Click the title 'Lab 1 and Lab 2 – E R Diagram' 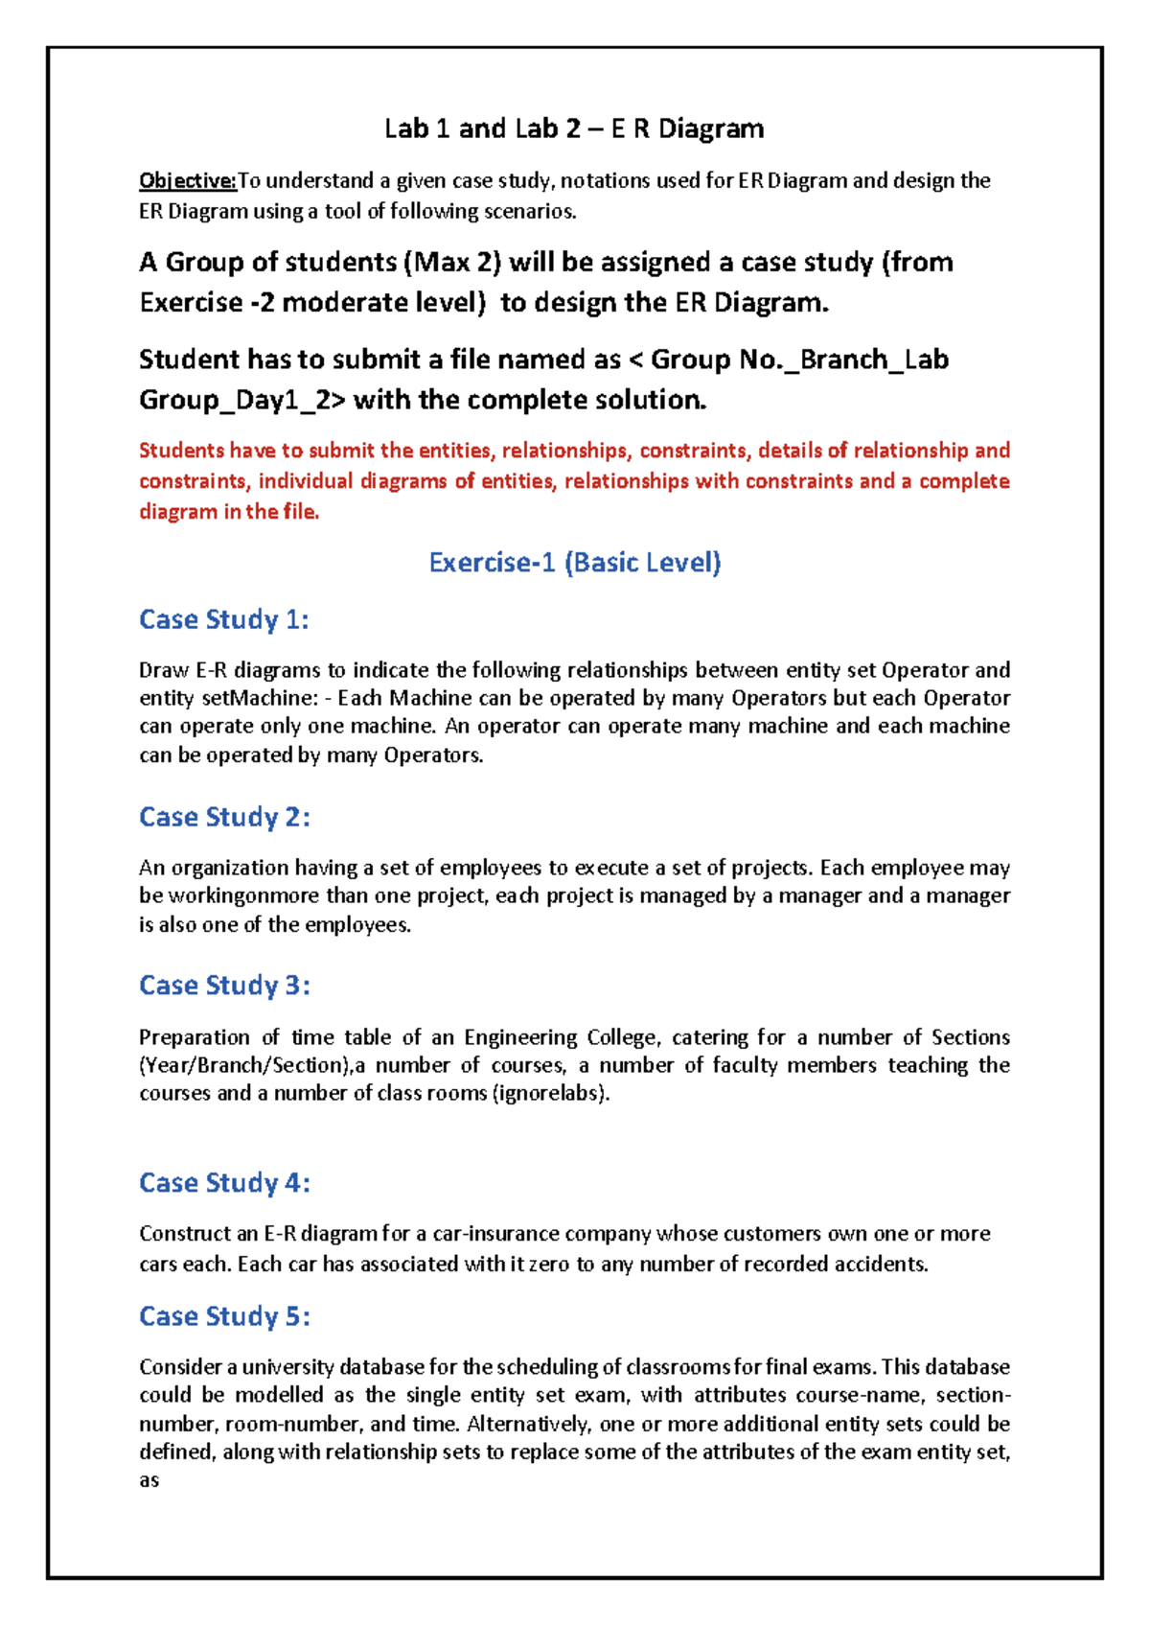[574, 128]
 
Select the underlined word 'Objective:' [188, 180]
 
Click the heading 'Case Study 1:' [224, 619]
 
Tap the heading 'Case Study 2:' [224, 817]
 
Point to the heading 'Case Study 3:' [224, 986]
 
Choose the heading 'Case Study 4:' [224, 1183]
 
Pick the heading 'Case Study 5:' [224, 1316]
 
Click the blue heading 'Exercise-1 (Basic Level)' [574, 562]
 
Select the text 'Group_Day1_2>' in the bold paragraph [242, 400]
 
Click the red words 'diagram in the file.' [229, 512]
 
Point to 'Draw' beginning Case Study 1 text [164, 670]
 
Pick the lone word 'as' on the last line [149, 1480]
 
